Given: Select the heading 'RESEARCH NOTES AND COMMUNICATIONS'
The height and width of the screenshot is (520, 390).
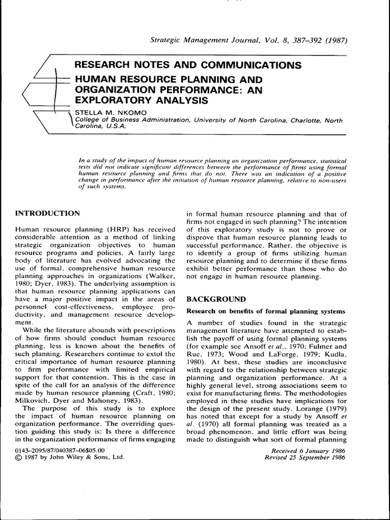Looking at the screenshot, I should [187, 65].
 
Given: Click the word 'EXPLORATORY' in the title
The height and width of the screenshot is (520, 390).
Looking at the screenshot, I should [108, 100].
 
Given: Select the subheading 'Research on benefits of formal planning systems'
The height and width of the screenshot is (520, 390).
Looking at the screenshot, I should [266, 311].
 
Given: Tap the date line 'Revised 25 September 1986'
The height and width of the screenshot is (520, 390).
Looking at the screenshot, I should [305, 457].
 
